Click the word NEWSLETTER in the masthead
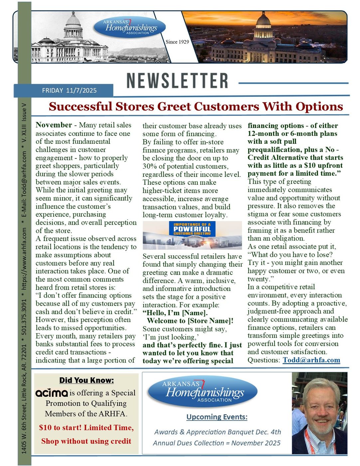pyautogui.click(x=177, y=81)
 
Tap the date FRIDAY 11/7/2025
pyautogui.click(x=69, y=91)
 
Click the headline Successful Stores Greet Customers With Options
pyautogui.click(x=196, y=107)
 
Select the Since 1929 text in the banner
pyautogui.click(x=177, y=42)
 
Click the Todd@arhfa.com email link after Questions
pyautogui.click(x=311, y=360)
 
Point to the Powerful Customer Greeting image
pyautogui.click(x=192, y=235)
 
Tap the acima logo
pyautogui.click(x=52, y=393)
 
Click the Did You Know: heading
pyautogui.click(x=87, y=380)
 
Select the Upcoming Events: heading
pyautogui.click(x=217, y=417)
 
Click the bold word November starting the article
pyautogui.click(x=54, y=125)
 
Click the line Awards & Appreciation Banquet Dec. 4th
pyautogui.click(x=218, y=432)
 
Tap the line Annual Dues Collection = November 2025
pyautogui.click(x=217, y=443)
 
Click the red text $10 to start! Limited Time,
pyautogui.click(x=86, y=428)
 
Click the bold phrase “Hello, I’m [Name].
pyautogui.click(x=175, y=313)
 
